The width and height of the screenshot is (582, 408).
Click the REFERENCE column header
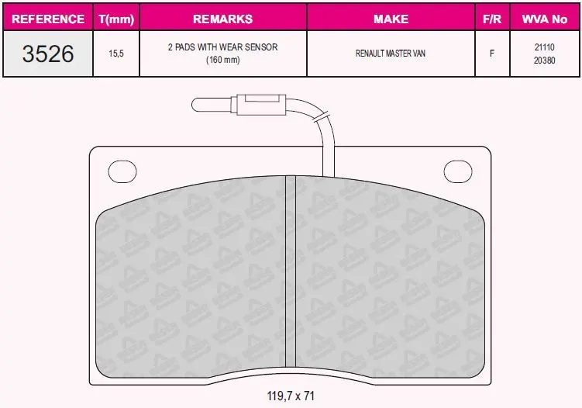click(x=48, y=19)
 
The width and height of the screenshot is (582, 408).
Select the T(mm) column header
click(x=116, y=19)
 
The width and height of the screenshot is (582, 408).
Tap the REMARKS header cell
click(x=222, y=19)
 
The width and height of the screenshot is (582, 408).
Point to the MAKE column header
click(x=391, y=19)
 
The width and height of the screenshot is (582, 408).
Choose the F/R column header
click(x=492, y=19)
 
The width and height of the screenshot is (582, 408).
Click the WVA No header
click(x=545, y=19)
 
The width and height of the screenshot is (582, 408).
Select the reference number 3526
click(x=48, y=54)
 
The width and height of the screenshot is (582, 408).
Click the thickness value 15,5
click(x=116, y=54)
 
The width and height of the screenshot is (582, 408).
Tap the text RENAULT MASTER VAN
click(x=391, y=54)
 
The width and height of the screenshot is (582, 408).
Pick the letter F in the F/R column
click(x=492, y=54)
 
